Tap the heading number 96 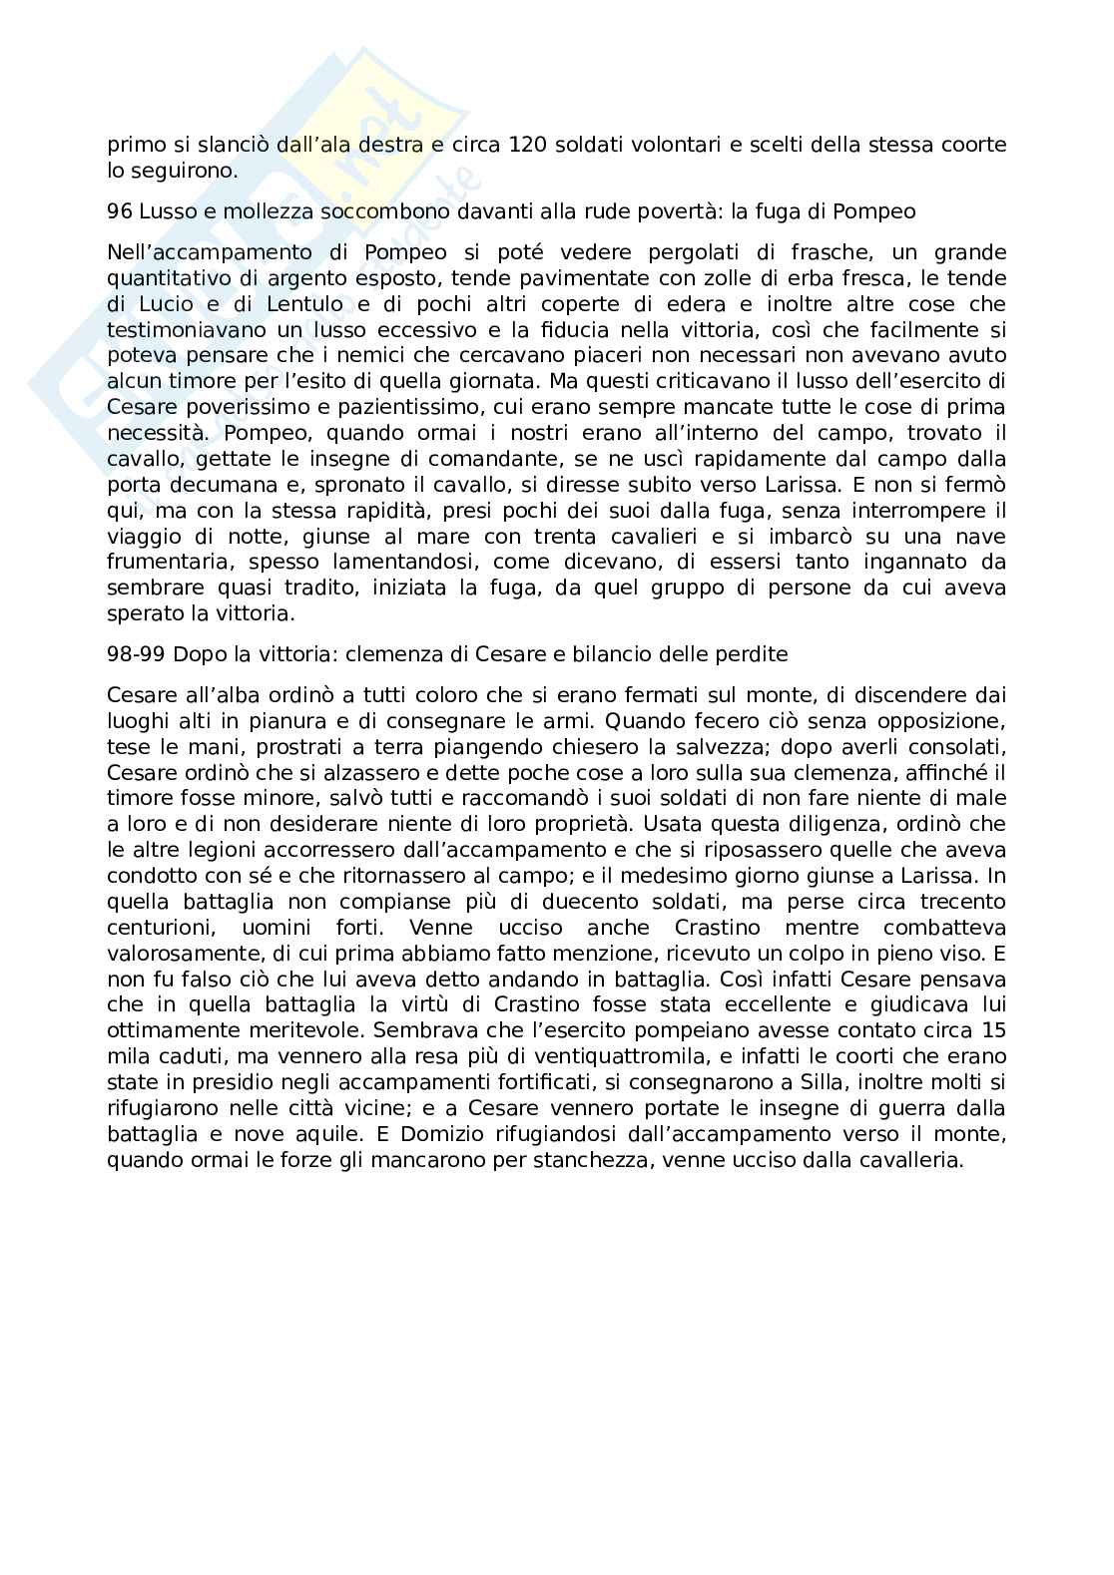pyautogui.click(x=119, y=211)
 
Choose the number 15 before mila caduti pyautogui.click(x=993, y=1029)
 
